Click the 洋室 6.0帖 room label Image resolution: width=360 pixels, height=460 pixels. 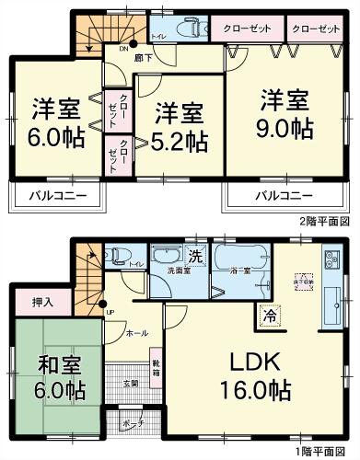pyautogui.click(x=54, y=121)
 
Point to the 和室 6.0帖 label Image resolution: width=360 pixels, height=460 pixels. pyautogui.click(x=57, y=375)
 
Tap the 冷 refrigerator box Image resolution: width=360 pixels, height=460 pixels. pyautogui.click(x=270, y=313)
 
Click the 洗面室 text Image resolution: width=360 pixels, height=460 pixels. pyautogui.click(x=165, y=271)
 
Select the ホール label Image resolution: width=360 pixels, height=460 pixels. pyautogui.click(x=134, y=331)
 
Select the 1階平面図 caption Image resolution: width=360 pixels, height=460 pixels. pyautogui.click(x=325, y=453)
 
